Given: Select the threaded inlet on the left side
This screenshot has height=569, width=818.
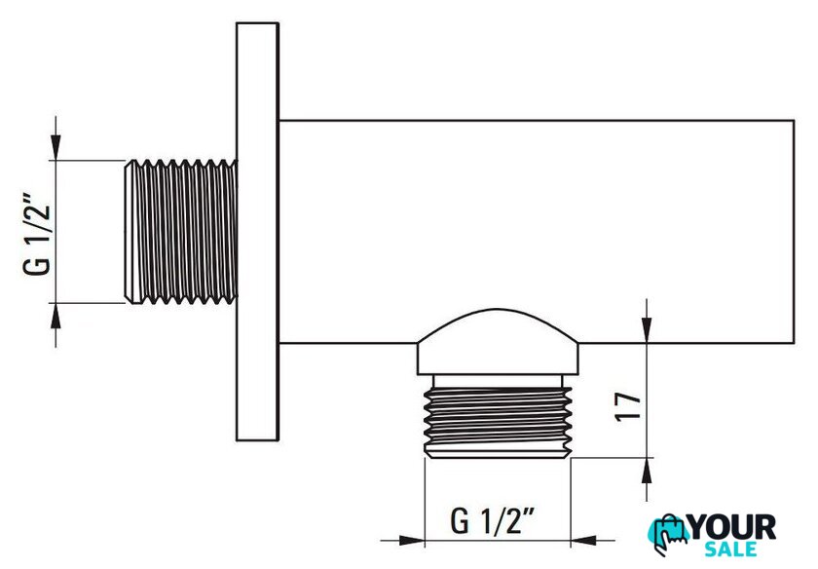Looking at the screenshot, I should coord(180,230).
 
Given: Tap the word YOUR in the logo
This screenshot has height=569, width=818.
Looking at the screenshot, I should coord(730,529).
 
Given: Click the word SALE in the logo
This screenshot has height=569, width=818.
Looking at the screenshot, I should coord(731,551).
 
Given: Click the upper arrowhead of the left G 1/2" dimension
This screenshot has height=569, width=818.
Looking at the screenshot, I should coord(57,147).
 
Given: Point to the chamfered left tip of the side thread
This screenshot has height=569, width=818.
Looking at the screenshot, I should coord(128,230).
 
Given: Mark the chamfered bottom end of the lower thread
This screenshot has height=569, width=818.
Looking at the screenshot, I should coord(498,454).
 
